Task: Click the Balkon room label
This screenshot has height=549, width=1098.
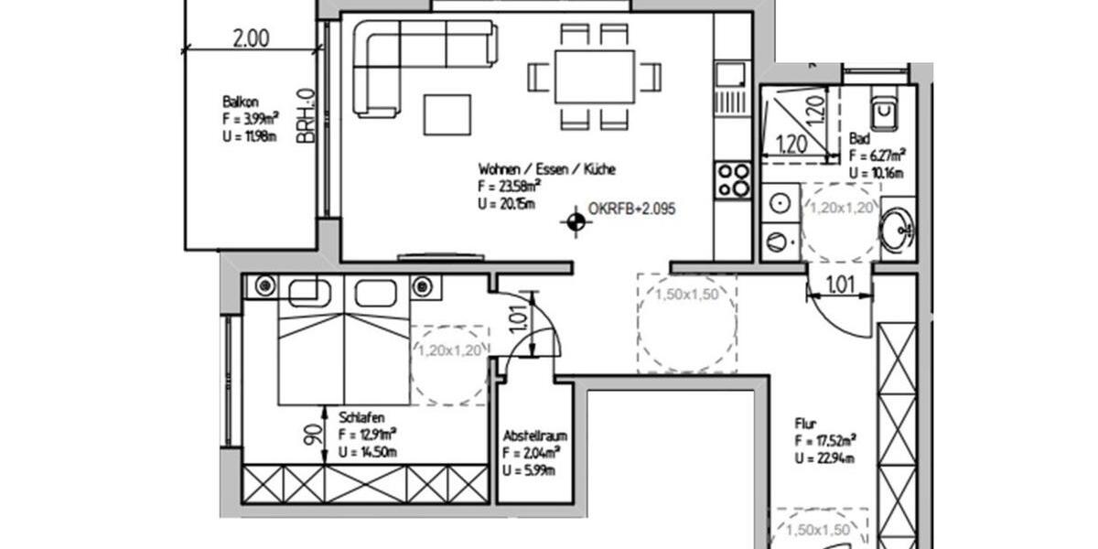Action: (x=237, y=102)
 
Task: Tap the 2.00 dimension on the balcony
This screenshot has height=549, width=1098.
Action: (x=250, y=38)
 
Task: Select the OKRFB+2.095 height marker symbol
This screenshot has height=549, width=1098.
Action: (x=576, y=221)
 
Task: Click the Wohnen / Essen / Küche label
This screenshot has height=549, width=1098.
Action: (x=546, y=169)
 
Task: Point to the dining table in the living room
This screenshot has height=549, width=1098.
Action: (x=594, y=77)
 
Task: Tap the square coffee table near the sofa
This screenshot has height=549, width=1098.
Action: (x=447, y=115)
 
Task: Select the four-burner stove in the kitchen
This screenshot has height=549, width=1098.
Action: (x=733, y=178)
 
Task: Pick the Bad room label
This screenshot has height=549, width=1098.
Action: (x=859, y=139)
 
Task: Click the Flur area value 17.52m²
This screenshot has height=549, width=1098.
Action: (x=825, y=441)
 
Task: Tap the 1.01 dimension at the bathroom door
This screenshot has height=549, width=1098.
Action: (x=839, y=285)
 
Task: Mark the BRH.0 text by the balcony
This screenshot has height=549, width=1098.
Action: (x=305, y=115)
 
